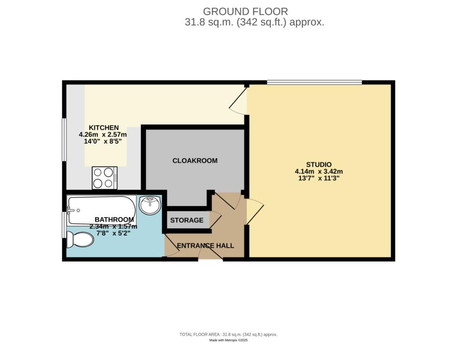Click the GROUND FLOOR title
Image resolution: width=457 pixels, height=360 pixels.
click(x=245, y=12)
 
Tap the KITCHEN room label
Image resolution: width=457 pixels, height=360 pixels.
click(x=104, y=128)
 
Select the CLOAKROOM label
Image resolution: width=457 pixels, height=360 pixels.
click(x=195, y=161)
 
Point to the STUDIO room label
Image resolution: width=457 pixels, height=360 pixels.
click(x=319, y=165)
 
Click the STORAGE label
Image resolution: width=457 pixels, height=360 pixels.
click(x=187, y=220)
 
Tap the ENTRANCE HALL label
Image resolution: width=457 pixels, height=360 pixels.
click(x=205, y=246)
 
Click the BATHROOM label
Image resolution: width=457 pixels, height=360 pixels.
click(x=114, y=219)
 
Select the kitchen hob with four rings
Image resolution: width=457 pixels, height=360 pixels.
click(x=104, y=178)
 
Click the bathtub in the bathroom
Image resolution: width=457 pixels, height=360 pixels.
click(x=102, y=210)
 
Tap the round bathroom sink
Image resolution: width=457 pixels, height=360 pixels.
click(x=150, y=205)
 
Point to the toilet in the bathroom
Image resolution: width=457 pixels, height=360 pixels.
click(x=80, y=240)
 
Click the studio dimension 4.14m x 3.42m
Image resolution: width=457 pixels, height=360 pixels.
click(x=319, y=171)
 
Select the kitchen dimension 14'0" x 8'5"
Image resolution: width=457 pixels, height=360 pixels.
click(x=103, y=141)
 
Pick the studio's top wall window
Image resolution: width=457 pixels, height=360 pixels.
click(x=315, y=83)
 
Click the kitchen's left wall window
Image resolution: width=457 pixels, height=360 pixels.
click(x=64, y=140)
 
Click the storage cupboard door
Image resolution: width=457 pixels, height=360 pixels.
click(x=216, y=219)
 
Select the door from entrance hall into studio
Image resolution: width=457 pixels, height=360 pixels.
click(x=255, y=211)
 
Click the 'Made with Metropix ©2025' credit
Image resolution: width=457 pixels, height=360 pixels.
click(x=228, y=340)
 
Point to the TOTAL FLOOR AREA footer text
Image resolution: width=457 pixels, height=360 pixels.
click(x=228, y=335)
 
